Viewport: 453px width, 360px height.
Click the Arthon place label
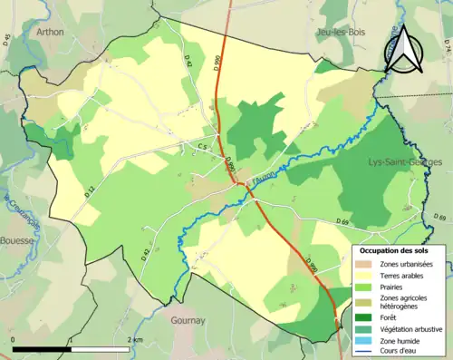51,32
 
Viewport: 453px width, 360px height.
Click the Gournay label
189,320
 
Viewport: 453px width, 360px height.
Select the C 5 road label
205,146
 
